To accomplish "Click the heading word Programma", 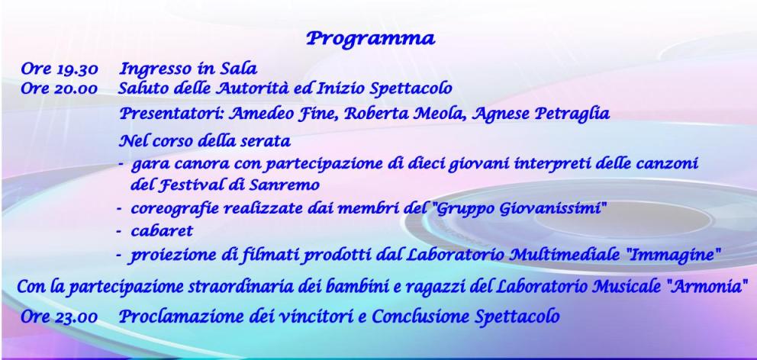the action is click(x=371, y=39).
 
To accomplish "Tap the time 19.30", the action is click(x=77, y=69).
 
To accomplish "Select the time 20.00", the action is click(x=77, y=88).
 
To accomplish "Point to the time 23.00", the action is click(x=77, y=317).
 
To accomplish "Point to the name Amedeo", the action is click(x=253, y=114).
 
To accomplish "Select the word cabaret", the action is click(x=162, y=230).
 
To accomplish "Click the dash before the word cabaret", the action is click(x=119, y=232).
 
